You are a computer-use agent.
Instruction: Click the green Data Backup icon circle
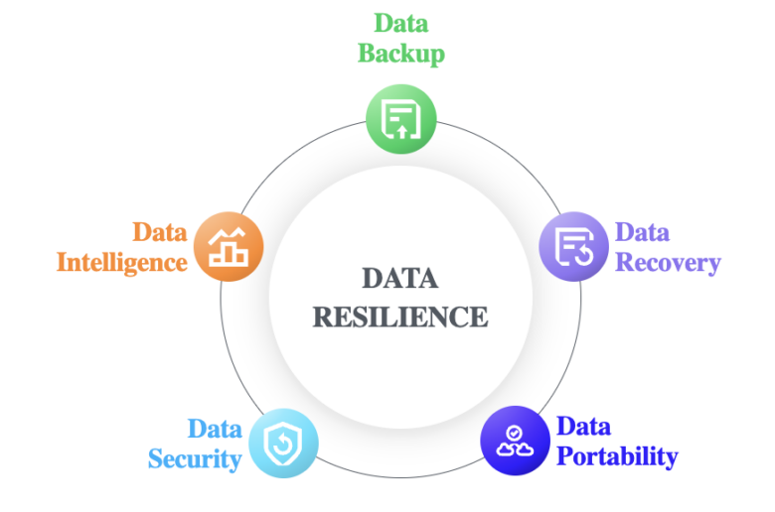[x=400, y=119]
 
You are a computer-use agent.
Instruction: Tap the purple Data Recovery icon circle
[x=573, y=246]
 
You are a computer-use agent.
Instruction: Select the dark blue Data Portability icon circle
[x=515, y=441]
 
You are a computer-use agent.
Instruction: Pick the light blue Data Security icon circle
[x=283, y=443]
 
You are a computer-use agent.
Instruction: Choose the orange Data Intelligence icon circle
[x=229, y=246]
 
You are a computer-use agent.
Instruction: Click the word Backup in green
[x=401, y=54]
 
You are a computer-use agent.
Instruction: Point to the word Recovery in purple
[x=668, y=263]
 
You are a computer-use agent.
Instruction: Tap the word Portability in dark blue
[x=617, y=456]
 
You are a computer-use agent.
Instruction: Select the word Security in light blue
[x=195, y=459]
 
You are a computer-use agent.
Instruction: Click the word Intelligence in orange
[x=122, y=263]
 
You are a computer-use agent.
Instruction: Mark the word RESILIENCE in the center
[x=400, y=317]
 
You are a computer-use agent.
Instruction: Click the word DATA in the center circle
[x=400, y=279]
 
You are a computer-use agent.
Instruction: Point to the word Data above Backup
[x=400, y=23]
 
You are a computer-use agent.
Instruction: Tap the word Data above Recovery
[x=642, y=232]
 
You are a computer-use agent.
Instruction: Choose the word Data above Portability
[x=583, y=426]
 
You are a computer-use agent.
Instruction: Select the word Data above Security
[x=215, y=429]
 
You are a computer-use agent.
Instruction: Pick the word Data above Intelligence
[x=160, y=232]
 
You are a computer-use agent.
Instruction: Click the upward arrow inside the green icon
[x=401, y=131]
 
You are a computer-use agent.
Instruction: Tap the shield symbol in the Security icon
[x=283, y=444]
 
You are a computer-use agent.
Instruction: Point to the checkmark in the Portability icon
[x=515, y=433]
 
